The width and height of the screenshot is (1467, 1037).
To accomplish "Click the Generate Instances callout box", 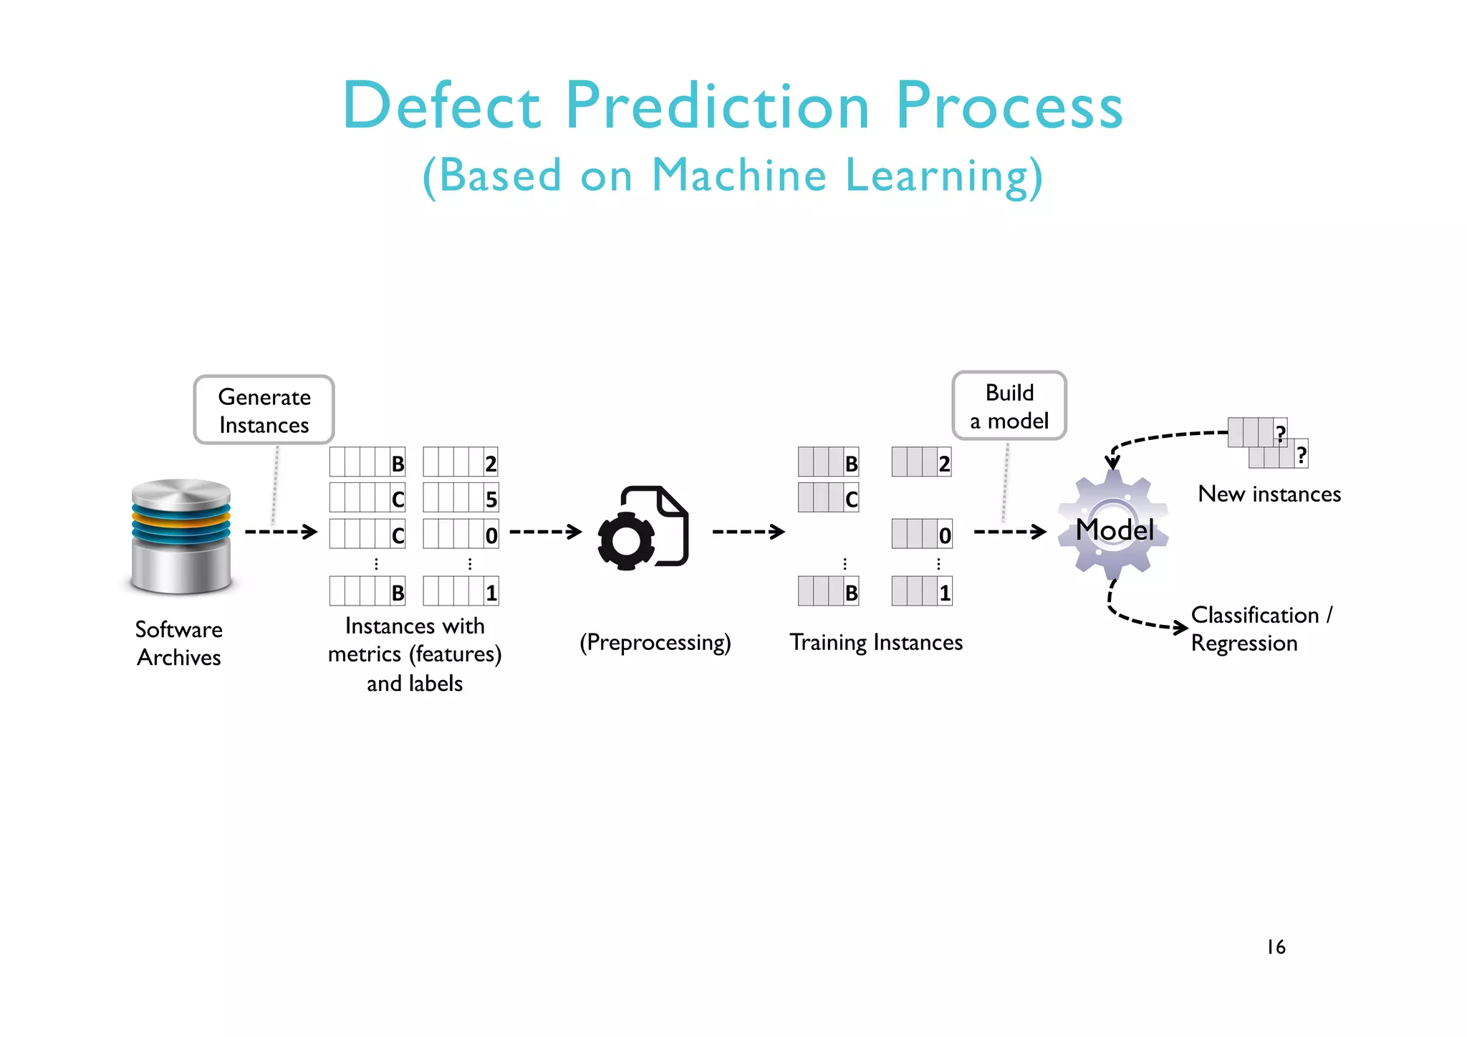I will pos(264,410).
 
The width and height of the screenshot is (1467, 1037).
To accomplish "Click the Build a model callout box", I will pos(1009,406).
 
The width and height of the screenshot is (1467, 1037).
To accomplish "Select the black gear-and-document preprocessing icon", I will pos(643,528).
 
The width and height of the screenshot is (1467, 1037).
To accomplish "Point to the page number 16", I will pos(1276,947).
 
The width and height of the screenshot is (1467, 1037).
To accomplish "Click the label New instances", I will pos(1269,494).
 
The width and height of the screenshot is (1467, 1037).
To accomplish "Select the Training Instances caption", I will pos(875,642).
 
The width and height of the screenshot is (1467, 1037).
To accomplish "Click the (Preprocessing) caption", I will pos(655,642).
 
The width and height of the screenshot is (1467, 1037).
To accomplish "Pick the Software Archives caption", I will pos(179,643).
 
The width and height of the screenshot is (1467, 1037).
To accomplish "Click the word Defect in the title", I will pos(441,106).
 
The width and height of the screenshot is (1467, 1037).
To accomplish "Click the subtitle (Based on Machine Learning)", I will pos(732,176).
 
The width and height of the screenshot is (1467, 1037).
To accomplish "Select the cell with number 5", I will pos(491,499).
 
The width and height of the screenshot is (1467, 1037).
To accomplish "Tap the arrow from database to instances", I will pos(281,532).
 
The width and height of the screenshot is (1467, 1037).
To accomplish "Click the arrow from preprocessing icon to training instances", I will pos(748,532).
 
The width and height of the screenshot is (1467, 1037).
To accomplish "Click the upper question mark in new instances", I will pos(1280,432).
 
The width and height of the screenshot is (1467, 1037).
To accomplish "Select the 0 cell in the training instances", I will pos(944,535).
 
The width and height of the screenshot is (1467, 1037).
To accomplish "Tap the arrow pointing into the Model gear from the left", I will pos(1010,532).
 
